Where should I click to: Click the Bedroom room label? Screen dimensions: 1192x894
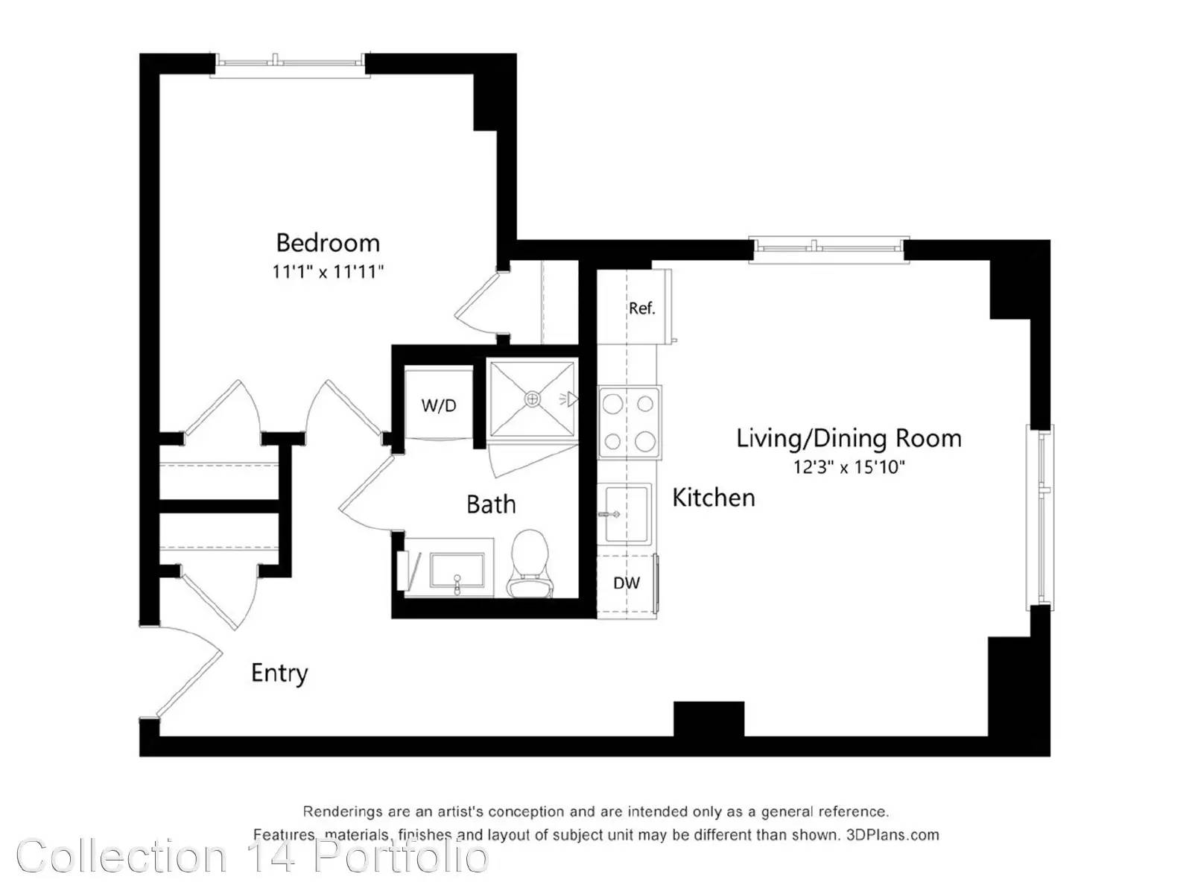tap(328, 243)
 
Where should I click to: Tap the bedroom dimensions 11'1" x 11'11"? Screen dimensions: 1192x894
tap(328, 271)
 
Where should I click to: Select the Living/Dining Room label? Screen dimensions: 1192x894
tap(849, 439)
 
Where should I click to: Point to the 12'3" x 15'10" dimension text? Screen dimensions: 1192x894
tap(850, 467)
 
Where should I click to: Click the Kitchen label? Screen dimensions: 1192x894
tap(714, 497)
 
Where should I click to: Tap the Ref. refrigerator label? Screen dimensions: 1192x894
tap(642, 308)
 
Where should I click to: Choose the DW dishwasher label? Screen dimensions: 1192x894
tap(626, 583)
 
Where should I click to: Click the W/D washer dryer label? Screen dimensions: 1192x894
tap(439, 405)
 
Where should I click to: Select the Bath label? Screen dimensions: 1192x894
tap(491, 504)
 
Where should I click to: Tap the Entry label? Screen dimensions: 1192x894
tap(279, 673)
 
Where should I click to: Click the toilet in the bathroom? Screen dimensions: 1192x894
tap(530, 563)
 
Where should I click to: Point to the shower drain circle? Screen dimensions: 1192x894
tap(532, 399)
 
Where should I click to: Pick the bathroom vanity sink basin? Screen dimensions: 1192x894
tap(457, 571)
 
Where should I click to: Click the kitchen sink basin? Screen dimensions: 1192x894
tap(627, 514)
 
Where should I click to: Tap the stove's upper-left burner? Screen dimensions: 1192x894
tap(613, 404)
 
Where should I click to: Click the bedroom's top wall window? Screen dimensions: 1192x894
tap(290, 65)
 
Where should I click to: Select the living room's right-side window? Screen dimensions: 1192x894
tap(1039, 517)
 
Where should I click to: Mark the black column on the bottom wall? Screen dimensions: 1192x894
tap(708, 719)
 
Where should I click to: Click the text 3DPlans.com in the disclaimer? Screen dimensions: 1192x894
tap(893, 835)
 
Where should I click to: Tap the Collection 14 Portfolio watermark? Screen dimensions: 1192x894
tap(253, 857)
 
